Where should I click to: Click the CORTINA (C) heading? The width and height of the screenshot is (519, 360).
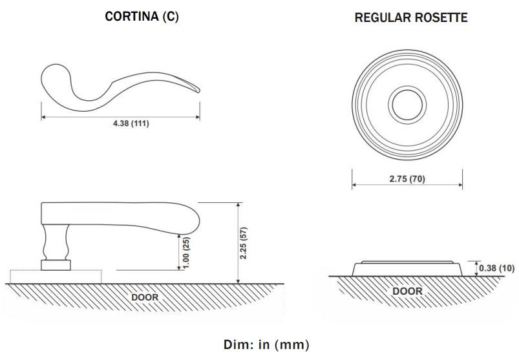142,17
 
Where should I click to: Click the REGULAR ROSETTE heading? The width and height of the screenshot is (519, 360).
411,18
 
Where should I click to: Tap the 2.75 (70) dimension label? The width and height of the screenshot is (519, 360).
407,179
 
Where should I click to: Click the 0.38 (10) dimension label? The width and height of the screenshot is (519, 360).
498,268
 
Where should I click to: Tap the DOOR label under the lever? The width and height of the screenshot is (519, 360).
145,297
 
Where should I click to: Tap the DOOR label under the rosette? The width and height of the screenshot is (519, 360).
407,291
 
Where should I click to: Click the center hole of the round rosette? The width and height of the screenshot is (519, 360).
407,104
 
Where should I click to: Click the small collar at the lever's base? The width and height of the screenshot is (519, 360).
55,264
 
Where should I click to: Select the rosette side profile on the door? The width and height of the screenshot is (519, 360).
407,268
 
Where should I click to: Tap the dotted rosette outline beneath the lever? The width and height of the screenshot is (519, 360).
87,276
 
